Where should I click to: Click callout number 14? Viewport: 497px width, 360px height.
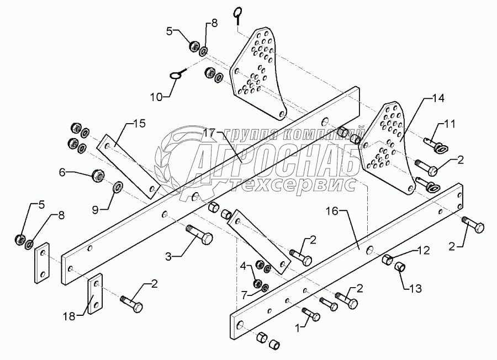pos(438,99)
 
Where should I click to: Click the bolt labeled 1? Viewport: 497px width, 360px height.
pos(310,315)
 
